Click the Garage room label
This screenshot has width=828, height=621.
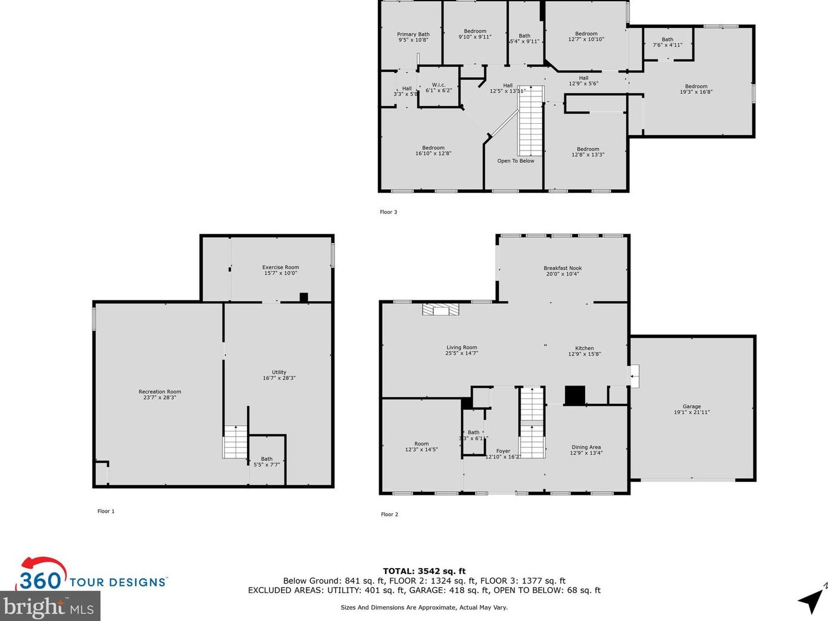coord(691,409)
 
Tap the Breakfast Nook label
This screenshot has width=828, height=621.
coord(563,271)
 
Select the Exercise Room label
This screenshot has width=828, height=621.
coord(280,270)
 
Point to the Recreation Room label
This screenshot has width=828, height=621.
coord(160,394)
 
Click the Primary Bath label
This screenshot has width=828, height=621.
coord(413,37)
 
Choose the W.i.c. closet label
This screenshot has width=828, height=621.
coord(439,87)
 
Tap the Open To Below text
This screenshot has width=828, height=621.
coord(515,161)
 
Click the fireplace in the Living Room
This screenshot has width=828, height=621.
coord(440,309)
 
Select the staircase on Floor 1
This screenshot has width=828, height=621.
coord(235,442)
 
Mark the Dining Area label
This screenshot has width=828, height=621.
coord(586,450)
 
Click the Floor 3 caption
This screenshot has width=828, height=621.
coord(388,212)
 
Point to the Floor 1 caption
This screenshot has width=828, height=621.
coord(106,511)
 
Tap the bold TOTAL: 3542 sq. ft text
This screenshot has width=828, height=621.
coord(424,571)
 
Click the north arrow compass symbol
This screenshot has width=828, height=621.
coord(811,600)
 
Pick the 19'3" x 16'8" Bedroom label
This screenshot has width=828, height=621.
coord(696,89)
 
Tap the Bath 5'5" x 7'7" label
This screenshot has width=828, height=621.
coord(267,462)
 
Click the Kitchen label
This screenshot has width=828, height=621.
coord(584,351)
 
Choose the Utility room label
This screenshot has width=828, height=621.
coord(279,375)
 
